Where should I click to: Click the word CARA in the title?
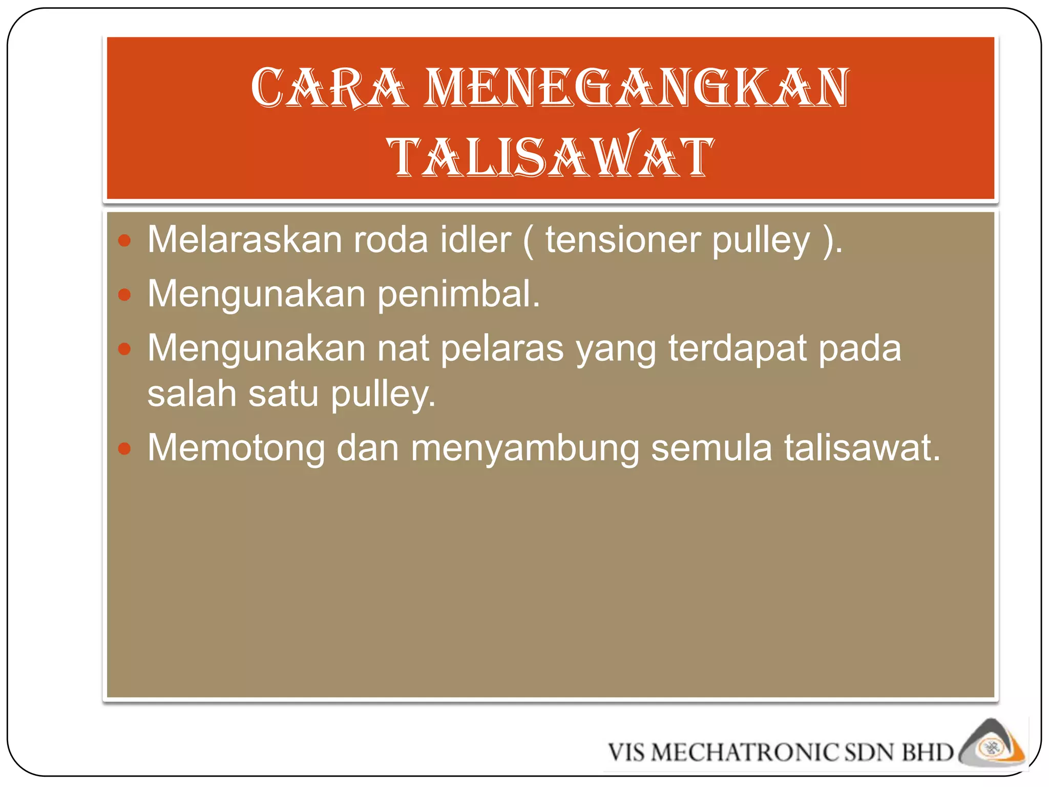(329, 88)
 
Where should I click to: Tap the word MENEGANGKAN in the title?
(637, 88)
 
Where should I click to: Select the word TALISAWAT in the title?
(551, 156)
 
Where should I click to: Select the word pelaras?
(502, 348)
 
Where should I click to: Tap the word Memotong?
(236, 448)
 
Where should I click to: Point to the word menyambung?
(525, 448)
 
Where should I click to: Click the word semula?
(711, 448)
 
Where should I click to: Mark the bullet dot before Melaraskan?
(124, 240)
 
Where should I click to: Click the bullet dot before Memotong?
(124, 449)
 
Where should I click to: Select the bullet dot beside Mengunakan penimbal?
(124, 295)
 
